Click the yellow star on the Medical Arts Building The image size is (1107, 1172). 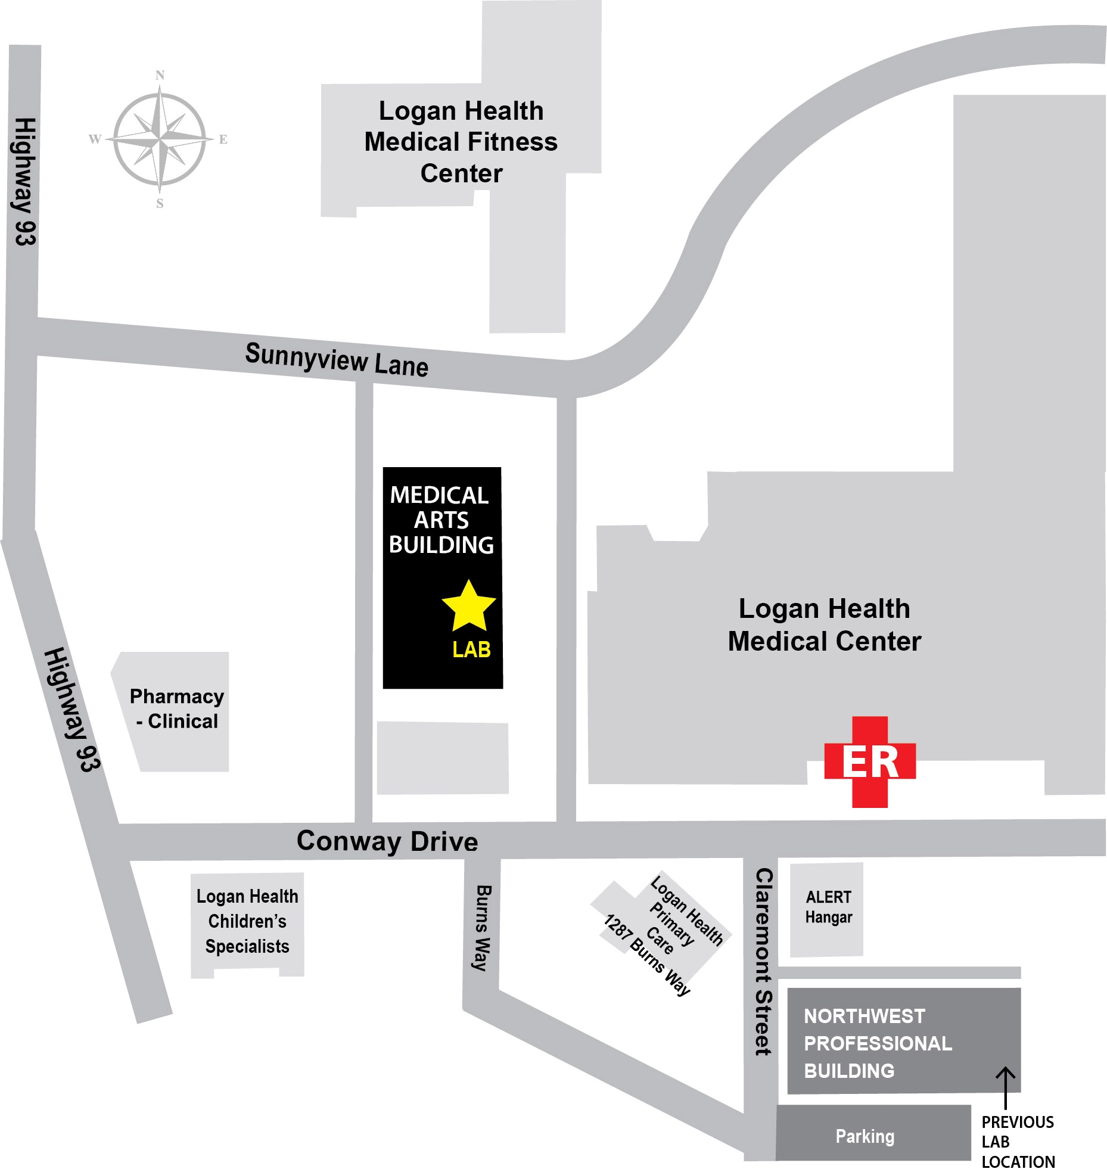point(469,607)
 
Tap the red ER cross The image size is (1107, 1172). point(870,762)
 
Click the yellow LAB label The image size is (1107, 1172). point(471,649)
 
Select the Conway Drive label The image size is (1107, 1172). point(387,841)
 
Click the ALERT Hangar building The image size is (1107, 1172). point(827,908)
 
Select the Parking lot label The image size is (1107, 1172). point(865,1136)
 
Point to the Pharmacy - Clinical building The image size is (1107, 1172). point(177,709)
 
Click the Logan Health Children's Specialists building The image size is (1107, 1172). point(247,921)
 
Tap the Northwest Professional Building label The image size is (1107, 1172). point(878,1043)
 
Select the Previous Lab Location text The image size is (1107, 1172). point(1018,1142)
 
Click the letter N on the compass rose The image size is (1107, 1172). point(160,76)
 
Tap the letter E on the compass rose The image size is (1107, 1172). point(223,140)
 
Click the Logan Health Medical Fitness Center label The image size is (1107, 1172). point(461,142)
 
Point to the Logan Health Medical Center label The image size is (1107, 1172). point(825,625)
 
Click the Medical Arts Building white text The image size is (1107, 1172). point(441,520)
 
